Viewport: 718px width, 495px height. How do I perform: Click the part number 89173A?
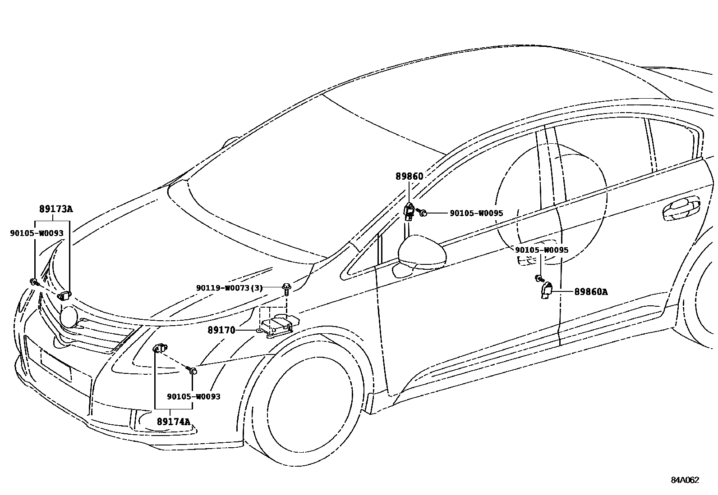coord(56,209)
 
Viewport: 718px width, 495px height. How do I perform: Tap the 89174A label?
coord(173,422)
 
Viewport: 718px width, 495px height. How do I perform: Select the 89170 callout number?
coord(221,330)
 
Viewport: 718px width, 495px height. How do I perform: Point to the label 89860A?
coord(590,292)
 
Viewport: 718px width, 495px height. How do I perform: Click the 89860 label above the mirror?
coord(410,177)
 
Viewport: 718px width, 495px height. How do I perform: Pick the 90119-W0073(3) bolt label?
coord(229,288)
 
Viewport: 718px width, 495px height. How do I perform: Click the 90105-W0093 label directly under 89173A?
coord(37,233)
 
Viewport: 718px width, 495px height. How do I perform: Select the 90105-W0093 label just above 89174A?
coord(193,396)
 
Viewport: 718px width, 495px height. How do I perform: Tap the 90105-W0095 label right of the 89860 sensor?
coord(476,213)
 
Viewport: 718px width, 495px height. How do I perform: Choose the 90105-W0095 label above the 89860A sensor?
coord(542,250)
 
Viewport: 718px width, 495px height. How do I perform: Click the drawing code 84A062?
coord(685,480)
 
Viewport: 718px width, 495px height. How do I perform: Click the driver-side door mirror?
coord(422,252)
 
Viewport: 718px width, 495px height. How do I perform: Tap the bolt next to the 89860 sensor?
coord(422,212)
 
